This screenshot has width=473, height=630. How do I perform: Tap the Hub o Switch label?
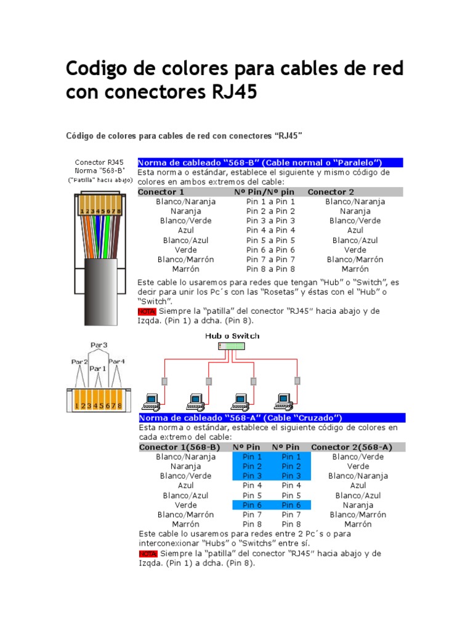click(x=232, y=336)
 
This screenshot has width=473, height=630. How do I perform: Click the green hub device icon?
click(x=232, y=346)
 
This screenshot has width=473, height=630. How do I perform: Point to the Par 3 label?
click(x=99, y=345)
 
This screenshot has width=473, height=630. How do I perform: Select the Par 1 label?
click(x=97, y=369)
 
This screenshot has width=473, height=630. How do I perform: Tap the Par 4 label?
click(x=117, y=361)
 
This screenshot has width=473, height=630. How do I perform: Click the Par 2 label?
click(x=79, y=362)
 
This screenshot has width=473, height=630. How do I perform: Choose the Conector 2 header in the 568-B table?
click(x=331, y=192)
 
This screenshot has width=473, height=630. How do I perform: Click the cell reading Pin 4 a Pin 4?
click(x=270, y=231)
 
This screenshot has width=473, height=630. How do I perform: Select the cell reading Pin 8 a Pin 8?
click(x=270, y=269)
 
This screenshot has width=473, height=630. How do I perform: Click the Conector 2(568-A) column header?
click(x=352, y=447)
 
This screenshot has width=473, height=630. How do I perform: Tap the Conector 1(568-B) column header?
click(x=179, y=447)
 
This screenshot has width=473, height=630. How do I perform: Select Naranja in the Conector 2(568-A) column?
click(x=358, y=505)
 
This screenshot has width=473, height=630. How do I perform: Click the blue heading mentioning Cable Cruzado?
click(x=272, y=418)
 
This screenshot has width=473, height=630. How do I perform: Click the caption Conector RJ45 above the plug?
click(x=99, y=162)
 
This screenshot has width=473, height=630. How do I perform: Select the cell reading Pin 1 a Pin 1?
click(x=270, y=202)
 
